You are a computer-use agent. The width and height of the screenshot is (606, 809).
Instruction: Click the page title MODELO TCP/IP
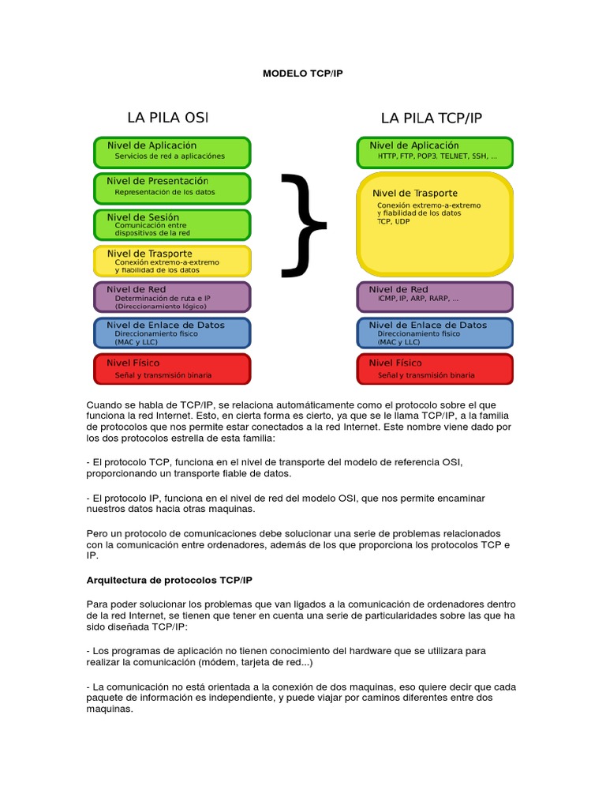[303, 73]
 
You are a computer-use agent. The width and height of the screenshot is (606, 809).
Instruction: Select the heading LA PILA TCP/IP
[431, 118]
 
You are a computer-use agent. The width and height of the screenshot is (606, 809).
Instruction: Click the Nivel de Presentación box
[172, 186]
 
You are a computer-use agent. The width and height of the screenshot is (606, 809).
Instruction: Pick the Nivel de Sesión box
[172, 224]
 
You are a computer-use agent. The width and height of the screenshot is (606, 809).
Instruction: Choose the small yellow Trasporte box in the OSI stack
[172, 260]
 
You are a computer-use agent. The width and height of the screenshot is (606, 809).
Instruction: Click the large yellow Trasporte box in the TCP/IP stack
[435, 223]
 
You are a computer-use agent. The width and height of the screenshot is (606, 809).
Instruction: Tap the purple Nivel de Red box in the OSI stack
[172, 296]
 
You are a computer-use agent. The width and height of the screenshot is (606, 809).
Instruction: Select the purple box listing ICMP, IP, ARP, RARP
[435, 296]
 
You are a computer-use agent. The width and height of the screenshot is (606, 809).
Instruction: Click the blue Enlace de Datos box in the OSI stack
[172, 333]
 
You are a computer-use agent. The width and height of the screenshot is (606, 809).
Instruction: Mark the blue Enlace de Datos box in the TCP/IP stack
[435, 333]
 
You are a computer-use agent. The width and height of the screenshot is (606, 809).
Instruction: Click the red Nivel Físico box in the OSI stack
[172, 369]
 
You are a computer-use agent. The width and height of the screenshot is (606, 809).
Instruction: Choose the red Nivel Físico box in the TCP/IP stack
[435, 369]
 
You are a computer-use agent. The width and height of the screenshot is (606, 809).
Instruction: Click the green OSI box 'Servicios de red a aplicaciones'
[172, 151]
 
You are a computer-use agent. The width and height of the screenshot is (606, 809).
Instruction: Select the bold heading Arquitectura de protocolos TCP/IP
[169, 581]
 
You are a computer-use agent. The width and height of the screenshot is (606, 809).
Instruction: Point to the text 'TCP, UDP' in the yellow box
[394, 222]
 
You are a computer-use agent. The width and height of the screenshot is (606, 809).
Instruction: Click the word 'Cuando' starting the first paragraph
[105, 405]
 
